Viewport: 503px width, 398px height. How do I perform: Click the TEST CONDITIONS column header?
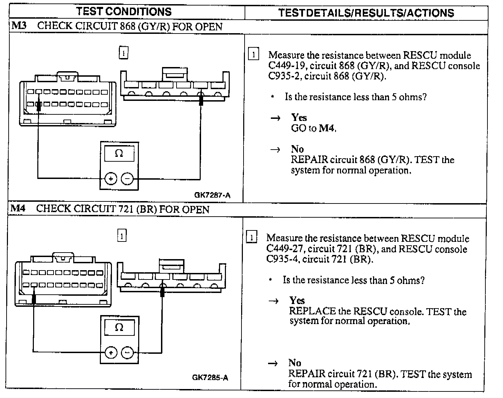124,11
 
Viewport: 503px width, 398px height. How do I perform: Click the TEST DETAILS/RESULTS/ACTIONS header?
366,13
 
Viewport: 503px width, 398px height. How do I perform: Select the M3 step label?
19,26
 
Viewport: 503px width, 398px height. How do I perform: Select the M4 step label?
18,208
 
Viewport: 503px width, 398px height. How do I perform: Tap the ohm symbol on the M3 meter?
119,153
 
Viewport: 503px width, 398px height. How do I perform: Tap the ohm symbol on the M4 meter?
119,327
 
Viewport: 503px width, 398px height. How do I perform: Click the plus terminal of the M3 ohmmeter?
111,179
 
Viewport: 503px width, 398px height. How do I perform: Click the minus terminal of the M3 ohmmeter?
127,179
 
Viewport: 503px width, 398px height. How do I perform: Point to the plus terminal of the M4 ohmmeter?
111,353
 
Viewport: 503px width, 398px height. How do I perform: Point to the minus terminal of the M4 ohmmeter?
127,353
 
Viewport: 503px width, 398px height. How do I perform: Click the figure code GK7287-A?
212,195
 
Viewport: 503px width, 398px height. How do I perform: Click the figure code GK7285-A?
210,377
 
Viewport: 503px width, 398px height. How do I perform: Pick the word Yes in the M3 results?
299,117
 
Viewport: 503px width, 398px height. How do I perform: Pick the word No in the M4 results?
295,363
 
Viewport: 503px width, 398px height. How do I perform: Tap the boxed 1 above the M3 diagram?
123,53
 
